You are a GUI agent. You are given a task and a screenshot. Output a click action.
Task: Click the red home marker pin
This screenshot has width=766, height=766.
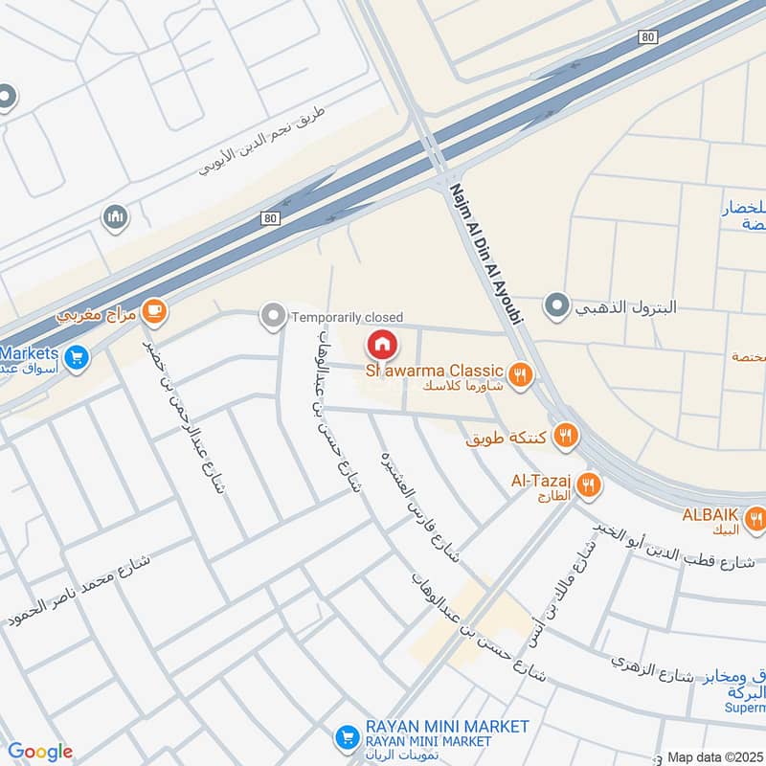click(x=381, y=344)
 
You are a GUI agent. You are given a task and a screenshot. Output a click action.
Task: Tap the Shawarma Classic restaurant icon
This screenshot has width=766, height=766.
click(x=520, y=374)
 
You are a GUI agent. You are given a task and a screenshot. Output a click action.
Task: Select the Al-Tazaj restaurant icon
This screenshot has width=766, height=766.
click(x=589, y=484)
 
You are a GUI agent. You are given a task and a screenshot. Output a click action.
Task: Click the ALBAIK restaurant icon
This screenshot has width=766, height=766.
click(x=756, y=519)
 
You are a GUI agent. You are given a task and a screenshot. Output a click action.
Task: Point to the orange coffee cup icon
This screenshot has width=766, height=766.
click(x=153, y=310)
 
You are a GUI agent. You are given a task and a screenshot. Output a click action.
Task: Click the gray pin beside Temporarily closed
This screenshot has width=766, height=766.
click(x=274, y=315)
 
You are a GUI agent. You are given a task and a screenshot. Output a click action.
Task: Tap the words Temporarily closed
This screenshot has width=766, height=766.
click(x=347, y=317)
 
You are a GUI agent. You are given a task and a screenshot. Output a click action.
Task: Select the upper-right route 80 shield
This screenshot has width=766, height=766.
click(x=649, y=36)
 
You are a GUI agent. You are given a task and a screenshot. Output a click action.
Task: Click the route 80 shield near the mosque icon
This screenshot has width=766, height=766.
click(x=269, y=218)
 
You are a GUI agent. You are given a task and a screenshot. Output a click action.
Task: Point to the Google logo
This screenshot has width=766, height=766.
click(x=40, y=752)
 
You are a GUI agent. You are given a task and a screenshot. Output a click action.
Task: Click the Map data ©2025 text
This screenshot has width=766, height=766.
click(x=715, y=756)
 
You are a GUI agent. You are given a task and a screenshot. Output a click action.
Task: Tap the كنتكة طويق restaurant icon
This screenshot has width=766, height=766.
click(x=567, y=437)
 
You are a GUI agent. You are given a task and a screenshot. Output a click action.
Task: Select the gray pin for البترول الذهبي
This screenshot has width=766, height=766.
click(x=555, y=307)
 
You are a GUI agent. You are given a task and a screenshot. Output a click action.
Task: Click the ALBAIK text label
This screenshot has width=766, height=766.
click(x=710, y=513)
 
